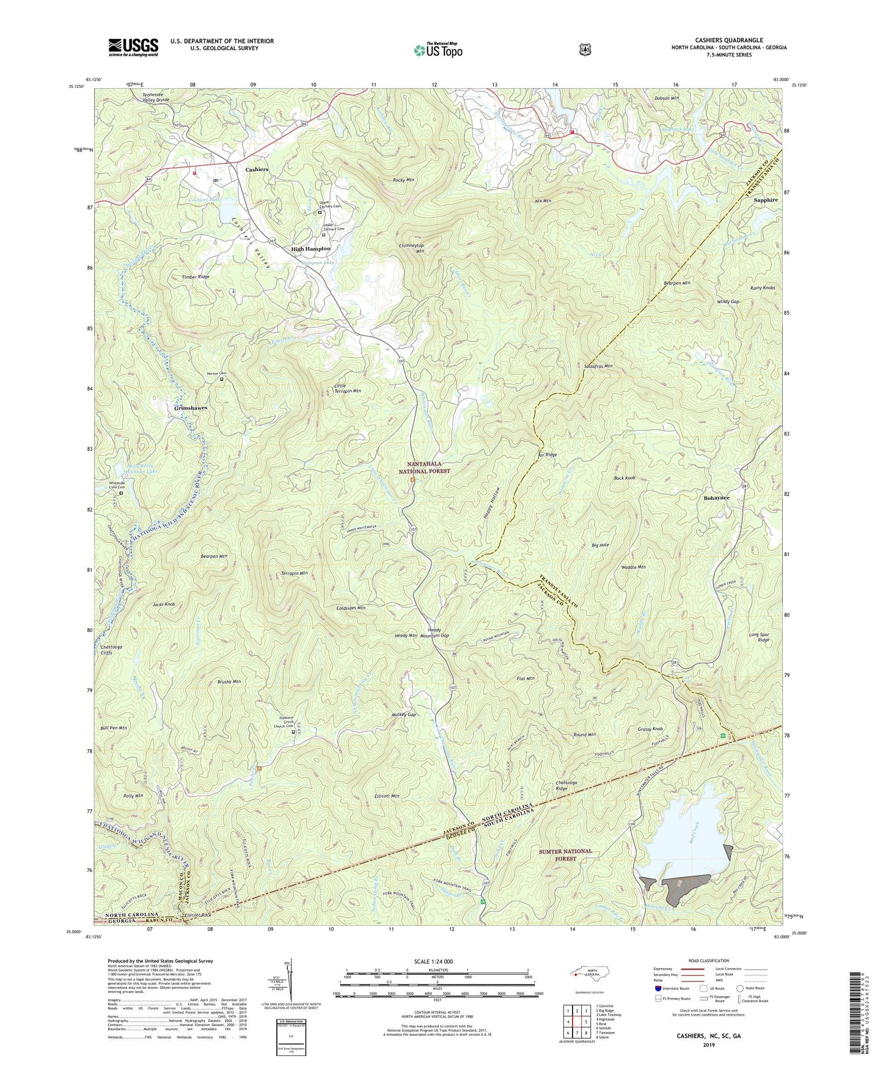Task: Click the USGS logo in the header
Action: tap(133, 47)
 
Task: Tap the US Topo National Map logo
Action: tap(438, 50)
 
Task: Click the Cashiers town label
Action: tap(257, 169)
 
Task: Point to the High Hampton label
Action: tap(310, 249)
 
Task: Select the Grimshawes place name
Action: tap(191, 408)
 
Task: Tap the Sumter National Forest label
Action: tap(565, 854)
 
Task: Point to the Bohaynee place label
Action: tap(716, 498)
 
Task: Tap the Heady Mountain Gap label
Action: tap(438, 632)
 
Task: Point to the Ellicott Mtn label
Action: tap(386, 796)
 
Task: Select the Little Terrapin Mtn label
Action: tap(348, 388)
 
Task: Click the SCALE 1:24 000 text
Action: tap(433, 961)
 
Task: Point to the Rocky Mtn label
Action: tap(403, 180)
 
